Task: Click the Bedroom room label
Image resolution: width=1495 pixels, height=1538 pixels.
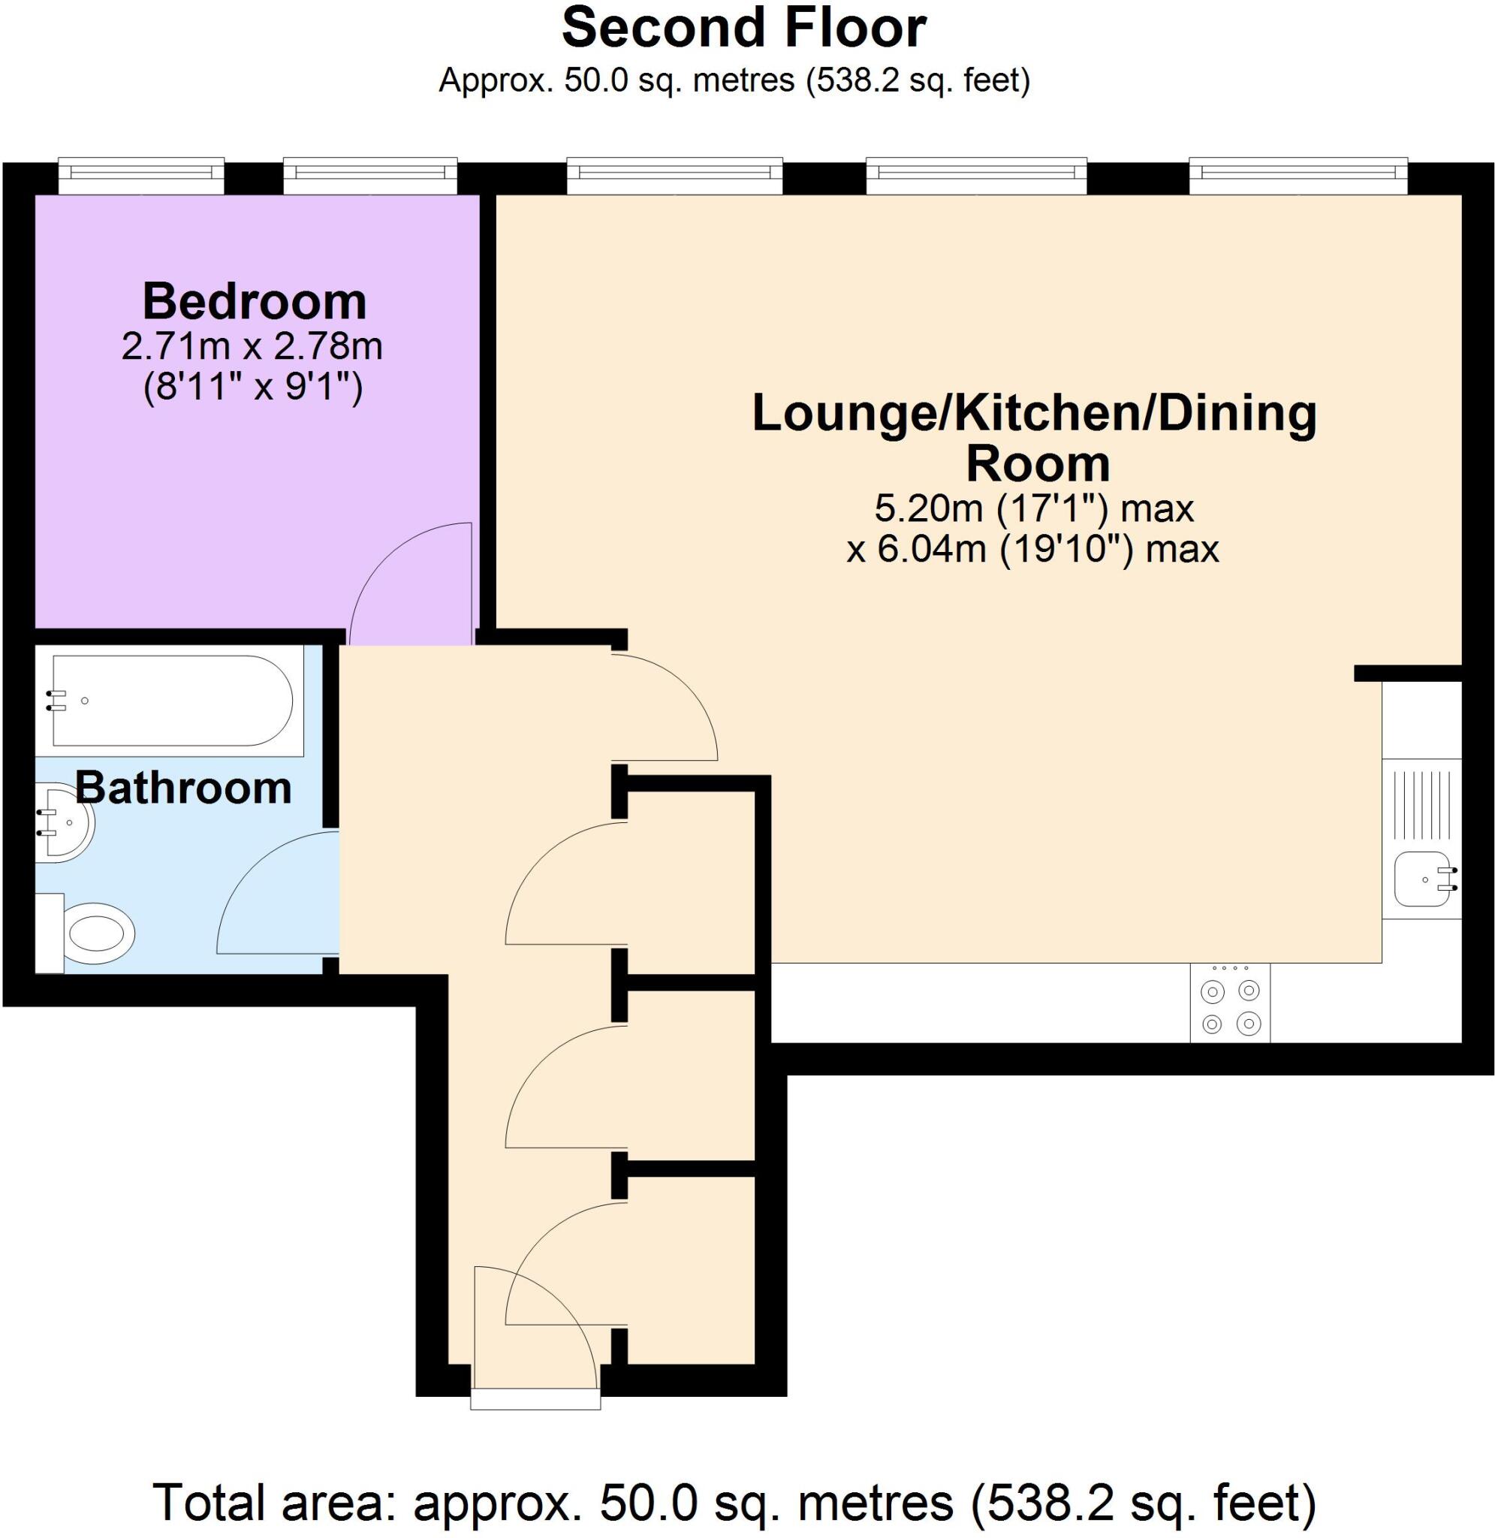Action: [255, 301]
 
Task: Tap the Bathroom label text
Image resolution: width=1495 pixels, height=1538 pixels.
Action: [184, 788]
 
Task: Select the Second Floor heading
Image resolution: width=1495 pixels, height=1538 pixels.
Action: [744, 29]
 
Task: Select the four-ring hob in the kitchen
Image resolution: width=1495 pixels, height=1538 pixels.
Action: [1231, 1003]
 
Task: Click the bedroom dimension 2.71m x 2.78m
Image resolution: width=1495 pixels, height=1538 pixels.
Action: [252, 347]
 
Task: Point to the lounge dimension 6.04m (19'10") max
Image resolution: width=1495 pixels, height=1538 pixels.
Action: [1032, 549]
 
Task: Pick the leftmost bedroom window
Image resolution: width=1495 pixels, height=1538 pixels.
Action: [141, 176]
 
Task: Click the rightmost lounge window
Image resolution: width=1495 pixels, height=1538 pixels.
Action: [1298, 176]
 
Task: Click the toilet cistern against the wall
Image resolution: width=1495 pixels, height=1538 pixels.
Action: [50, 933]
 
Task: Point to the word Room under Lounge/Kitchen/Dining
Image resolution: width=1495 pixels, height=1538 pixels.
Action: [1037, 464]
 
